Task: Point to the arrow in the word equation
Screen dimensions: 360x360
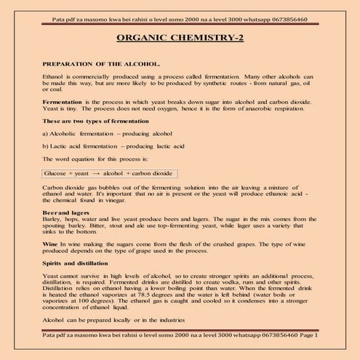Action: click(x=96, y=174)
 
